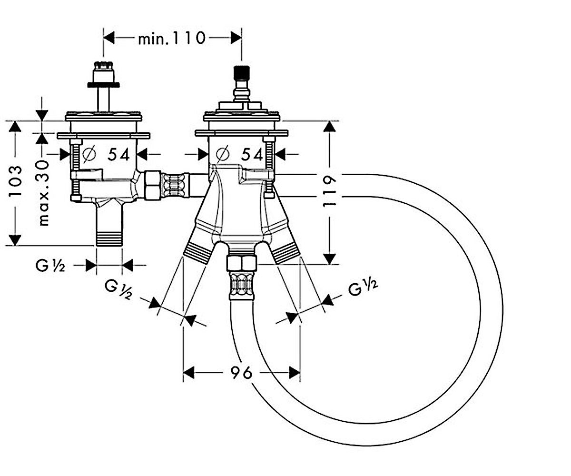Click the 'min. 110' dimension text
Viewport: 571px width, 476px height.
click(x=171, y=38)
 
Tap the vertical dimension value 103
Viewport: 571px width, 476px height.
click(x=15, y=181)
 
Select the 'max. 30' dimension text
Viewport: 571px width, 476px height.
click(x=43, y=193)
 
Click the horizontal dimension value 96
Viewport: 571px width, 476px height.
click(x=241, y=372)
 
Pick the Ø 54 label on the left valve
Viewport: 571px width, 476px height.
click(x=107, y=155)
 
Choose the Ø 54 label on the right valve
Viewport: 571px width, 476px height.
click(x=239, y=155)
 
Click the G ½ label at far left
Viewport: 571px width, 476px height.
click(x=50, y=266)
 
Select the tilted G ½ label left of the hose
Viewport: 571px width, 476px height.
click(x=118, y=290)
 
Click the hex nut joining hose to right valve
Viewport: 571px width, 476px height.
click(x=241, y=263)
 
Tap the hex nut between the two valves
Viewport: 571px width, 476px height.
click(x=152, y=185)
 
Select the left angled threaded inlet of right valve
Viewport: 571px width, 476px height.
click(x=197, y=252)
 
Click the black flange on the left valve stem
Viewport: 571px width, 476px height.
click(x=103, y=85)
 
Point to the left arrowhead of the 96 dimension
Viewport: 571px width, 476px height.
click(x=188, y=373)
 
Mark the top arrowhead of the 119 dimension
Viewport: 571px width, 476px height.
click(x=330, y=127)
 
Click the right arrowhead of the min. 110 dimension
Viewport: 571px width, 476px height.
click(x=236, y=38)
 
